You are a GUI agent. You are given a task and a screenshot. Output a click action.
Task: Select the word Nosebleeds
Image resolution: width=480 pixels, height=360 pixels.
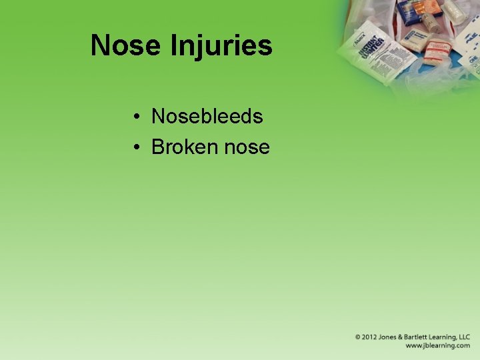pos(207,117)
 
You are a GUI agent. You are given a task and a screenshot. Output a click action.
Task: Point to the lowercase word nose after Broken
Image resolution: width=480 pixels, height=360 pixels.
pos(247,147)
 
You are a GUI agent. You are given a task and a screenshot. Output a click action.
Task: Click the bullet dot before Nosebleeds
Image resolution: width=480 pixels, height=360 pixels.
pos(135,117)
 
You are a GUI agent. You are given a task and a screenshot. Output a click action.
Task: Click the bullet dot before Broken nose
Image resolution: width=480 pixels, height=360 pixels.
pos(135,147)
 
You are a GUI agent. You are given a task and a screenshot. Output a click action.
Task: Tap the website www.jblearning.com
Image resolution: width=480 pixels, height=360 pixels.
pos(437,345)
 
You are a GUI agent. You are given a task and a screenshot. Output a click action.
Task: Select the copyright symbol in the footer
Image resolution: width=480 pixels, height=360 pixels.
pos(358,337)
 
